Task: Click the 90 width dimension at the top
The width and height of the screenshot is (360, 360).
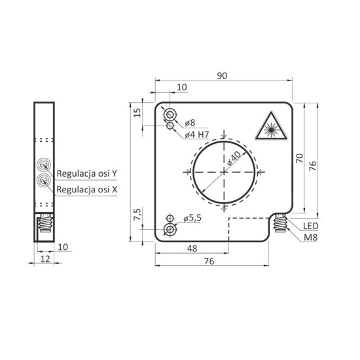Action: [x=222, y=76]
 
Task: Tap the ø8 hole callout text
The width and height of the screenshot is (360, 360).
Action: [x=190, y=122]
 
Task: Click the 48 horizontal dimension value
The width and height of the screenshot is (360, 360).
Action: [x=191, y=249]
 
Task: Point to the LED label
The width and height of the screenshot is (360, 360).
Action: [x=312, y=226]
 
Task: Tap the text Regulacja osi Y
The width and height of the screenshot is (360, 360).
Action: [x=86, y=173]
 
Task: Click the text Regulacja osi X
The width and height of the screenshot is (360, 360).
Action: [x=86, y=189]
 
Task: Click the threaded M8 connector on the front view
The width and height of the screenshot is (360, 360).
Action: [x=280, y=225]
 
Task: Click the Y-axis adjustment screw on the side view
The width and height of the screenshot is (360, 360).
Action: [x=44, y=165]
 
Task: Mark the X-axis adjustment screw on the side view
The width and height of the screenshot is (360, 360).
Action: [x=44, y=181]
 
